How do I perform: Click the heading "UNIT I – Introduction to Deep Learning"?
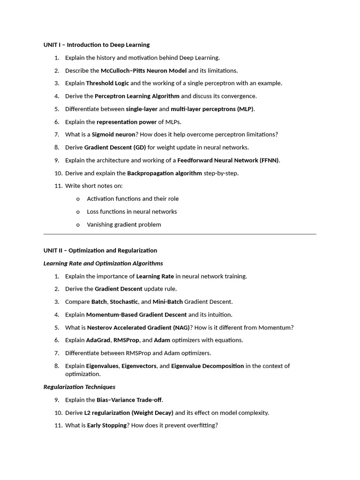pos(97,45)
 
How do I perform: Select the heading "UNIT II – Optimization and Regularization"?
pos(100,250)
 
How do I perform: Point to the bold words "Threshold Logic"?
pos(107,83)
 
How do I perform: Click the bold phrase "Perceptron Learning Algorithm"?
pos(137,96)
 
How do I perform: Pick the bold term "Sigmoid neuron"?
pos(113,135)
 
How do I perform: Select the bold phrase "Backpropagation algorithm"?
pos(165,173)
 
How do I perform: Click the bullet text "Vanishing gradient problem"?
pos(124,225)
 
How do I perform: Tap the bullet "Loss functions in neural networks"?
pos(132,212)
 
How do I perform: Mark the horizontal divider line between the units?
pos(180,234)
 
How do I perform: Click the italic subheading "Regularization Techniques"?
pos(79,387)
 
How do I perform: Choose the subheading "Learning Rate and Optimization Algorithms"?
pos(103,263)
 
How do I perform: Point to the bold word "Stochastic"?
pos(124,302)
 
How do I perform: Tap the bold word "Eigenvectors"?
pos(139,366)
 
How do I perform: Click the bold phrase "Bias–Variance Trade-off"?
pos(129,400)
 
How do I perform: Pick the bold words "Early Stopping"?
pos(107,426)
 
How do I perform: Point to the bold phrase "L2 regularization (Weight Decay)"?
pos(128,413)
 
